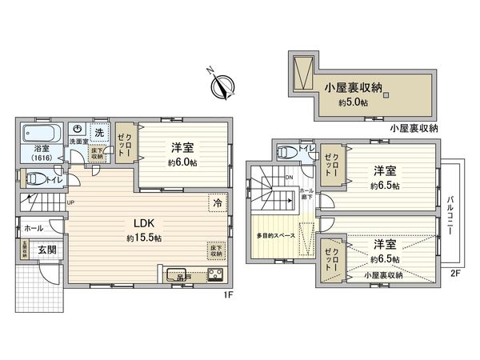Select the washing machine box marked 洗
tap(99, 130)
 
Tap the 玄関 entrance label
tap(47, 250)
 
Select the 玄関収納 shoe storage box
tap(25, 248)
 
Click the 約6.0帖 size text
tap(182, 162)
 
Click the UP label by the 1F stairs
tap(70, 202)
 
